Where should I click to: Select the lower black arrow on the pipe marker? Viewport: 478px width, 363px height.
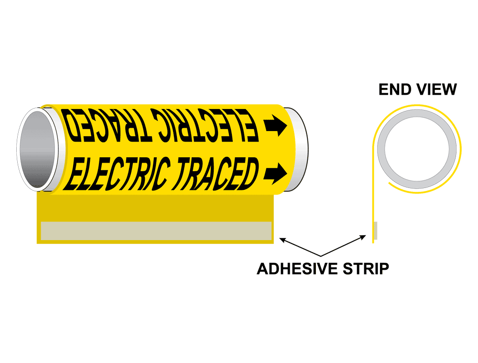(x=276, y=173)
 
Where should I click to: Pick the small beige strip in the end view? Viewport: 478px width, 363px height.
(x=375, y=231)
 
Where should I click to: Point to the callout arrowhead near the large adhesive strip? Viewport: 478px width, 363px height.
(x=283, y=239)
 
